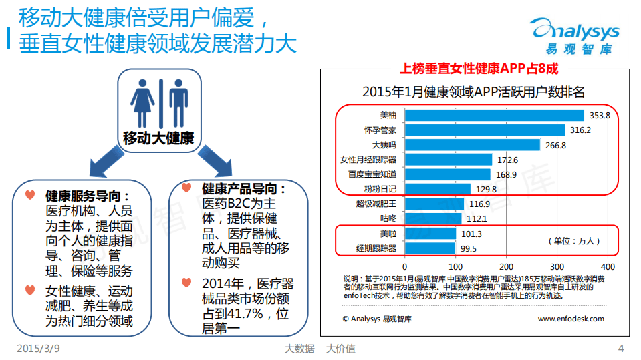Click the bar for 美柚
[495, 115]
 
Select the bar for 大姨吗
[473, 145]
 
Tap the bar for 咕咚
[433, 218]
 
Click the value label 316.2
[580, 130]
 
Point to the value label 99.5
[468, 249]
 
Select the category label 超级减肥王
[376, 204]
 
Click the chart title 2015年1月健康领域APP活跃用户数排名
[473, 92]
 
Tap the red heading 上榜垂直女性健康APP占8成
[478, 68]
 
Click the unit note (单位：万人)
[574, 241]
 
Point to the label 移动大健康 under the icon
[158, 138]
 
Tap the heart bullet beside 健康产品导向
[188, 190]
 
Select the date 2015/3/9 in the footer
[37, 349]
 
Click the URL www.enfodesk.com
[570, 319]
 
